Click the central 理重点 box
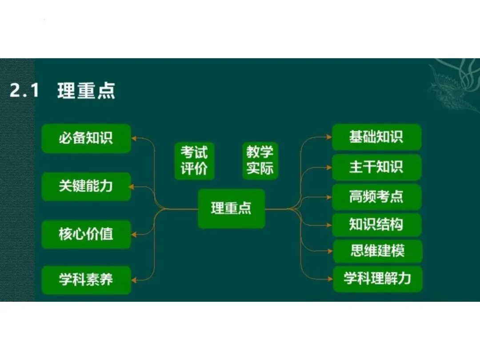(x=231, y=208)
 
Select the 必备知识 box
(x=86, y=138)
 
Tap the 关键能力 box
(x=86, y=186)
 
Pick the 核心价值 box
(x=86, y=234)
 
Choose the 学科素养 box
(x=86, y=280)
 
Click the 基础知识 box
(x=376, y=137)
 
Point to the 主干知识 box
(x=376, y=167)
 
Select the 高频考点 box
(x=376, y=197)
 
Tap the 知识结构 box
(x=376, y=225)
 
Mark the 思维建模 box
(x=377, y=252)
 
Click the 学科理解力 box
(x=377, y=279)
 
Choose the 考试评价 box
(x=194, y=161)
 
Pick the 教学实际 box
(x=260, y=161)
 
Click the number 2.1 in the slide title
(x=24, y=91)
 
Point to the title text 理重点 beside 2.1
(x=86, y=91)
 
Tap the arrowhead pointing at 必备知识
(x=135, y=138)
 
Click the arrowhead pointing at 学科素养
(x=135, y=280)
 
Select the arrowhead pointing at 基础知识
(x=329, y=137)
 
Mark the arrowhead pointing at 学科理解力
(x=330, y=279)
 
